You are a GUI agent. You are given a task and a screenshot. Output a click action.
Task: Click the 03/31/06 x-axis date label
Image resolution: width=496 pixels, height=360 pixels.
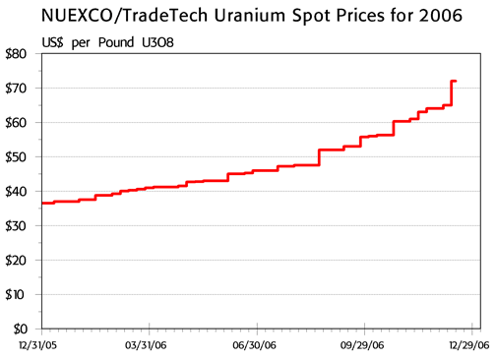[x=146, y=345]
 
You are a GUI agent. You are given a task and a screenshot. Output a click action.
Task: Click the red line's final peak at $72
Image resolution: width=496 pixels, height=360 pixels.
[x=454, y=81]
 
